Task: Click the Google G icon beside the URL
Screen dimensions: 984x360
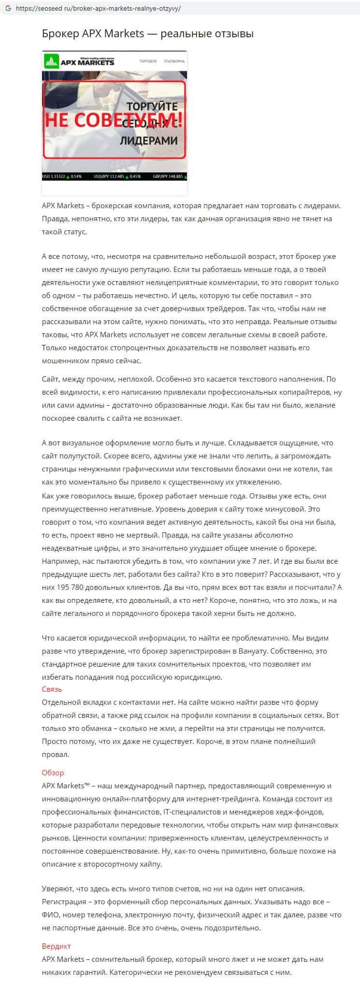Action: click(8, 9)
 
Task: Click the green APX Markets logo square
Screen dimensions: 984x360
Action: click(50, 61)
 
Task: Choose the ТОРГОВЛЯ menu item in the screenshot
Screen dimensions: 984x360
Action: click(148, 61)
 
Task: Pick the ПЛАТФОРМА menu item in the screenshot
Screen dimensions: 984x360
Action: click(174, 61)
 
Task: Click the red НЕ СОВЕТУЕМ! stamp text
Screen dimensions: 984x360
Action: click(114, 120)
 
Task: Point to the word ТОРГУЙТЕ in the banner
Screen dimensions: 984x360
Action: click(152, 106)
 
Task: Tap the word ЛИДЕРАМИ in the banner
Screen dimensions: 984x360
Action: click(148, 141)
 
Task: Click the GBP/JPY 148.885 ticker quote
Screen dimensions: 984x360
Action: click(168, 177)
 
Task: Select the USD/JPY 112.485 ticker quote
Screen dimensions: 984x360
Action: click(110, 177)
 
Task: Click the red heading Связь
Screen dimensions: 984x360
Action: click(52, 689)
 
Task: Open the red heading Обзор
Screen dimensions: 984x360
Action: click(53, 772)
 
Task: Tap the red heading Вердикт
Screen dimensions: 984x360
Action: click(56, 946)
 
